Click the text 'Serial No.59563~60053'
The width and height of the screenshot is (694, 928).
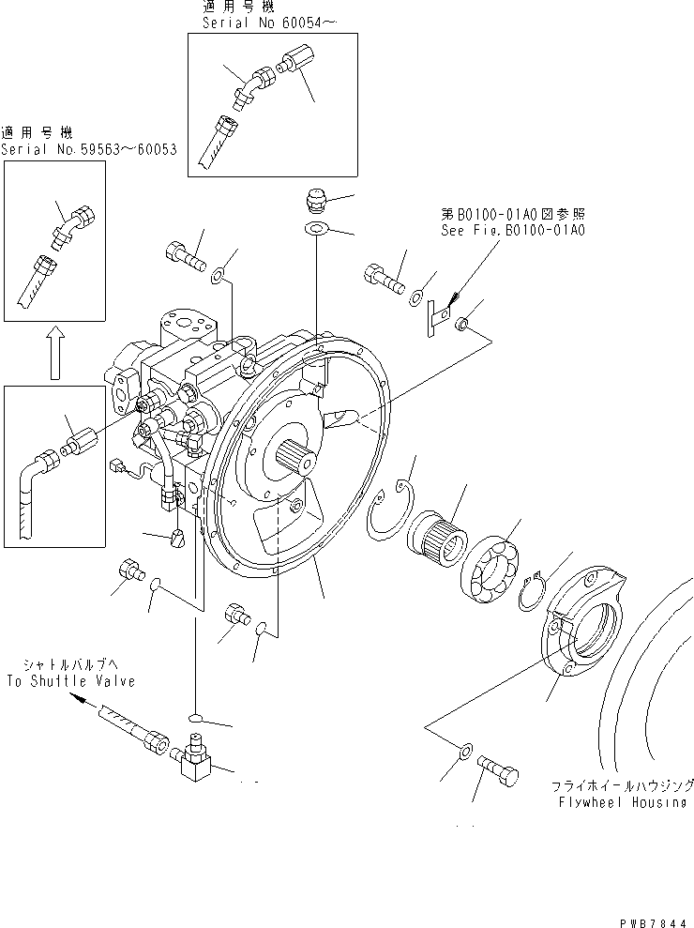tap(89, 149)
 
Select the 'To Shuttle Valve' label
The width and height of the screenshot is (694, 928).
tap(70, 681)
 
